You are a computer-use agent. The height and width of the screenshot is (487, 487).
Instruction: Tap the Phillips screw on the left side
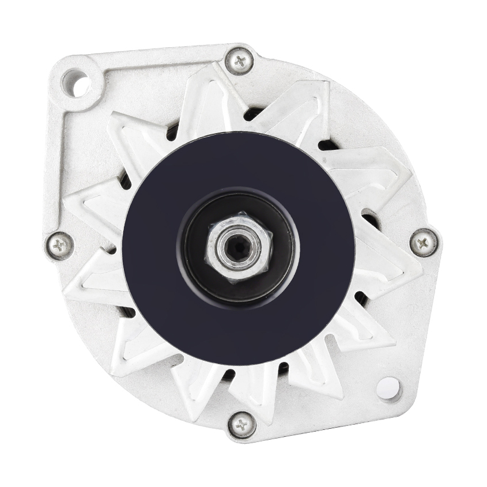pos(60,246)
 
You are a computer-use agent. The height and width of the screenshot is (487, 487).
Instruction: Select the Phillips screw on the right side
pos(424,242)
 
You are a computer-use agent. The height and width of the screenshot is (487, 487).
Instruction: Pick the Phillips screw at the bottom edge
pos(241,425)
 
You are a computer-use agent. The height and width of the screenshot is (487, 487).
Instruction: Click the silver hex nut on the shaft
pos(238,246)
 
